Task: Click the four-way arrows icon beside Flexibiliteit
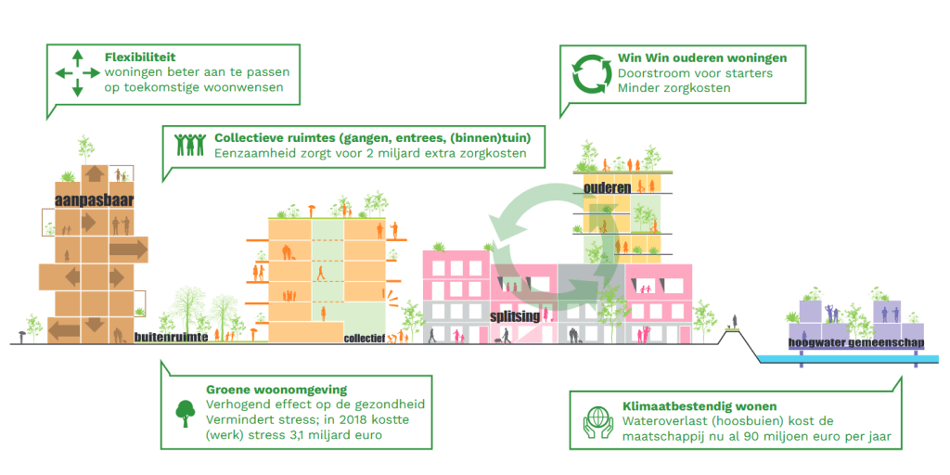(x=77, y=72)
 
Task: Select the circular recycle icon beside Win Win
(x=590, y=74)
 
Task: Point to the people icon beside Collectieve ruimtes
(x=191, y=144)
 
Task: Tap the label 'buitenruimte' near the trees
(x=170, y=338)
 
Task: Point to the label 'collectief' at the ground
(x=365, y=339)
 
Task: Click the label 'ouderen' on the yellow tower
(x=608, y=187)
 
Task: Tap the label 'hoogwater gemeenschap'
(x=856, y=342)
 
